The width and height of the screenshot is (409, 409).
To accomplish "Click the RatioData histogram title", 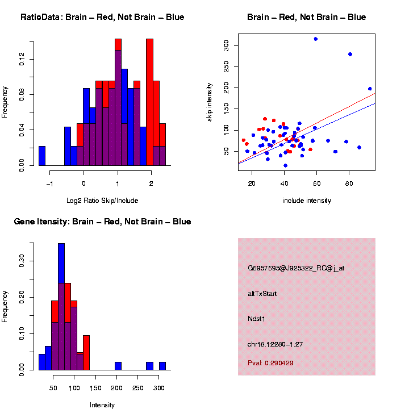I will (x=102, y=17).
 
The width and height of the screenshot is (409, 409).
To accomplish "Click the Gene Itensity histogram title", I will (x=102, y=222).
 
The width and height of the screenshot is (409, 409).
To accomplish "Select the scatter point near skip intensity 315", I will (x=315, y=39).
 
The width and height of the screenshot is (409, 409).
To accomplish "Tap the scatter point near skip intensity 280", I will (x=350, y=54).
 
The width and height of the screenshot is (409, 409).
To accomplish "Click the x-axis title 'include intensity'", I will (x=307, y=201).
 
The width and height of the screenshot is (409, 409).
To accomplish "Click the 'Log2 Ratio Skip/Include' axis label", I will (x=102, y=200).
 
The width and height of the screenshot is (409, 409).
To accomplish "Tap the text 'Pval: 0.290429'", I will (x=270, y=362).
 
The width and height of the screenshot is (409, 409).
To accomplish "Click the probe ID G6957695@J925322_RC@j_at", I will (x=296, y=268).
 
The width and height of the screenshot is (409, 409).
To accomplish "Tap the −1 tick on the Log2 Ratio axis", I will (x=50, y=184).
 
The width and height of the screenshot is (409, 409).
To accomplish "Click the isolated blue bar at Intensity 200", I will (x=118, y=366).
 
